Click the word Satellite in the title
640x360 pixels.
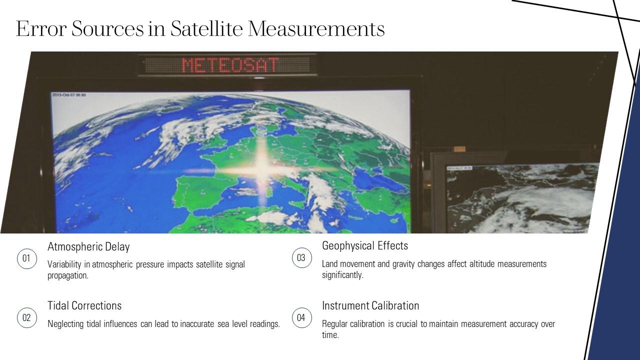point(206,28)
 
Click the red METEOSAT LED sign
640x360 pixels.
point(229,65)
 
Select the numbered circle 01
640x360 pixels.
point(26,258)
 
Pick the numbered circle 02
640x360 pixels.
point(26,318)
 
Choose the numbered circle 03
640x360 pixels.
point(301,258)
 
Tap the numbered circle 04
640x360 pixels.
point(301,318)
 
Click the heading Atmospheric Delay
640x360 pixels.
point(88,246)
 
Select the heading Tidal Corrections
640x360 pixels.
point(84,305)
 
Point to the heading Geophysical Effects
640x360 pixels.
point(365,245)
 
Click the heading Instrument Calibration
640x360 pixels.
point(370,305)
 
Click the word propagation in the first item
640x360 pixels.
point(67,275)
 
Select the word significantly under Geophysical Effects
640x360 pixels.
point(342,275)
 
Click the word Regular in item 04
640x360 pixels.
point(334,324)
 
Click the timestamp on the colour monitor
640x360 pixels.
point(69,95)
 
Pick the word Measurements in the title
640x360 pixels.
point(316,28)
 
